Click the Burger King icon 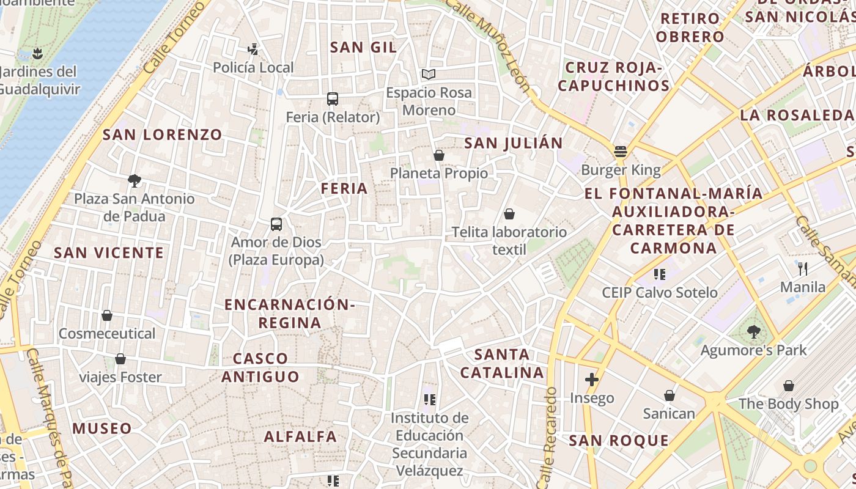click(621, 152)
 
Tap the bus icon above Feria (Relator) click(333, 98)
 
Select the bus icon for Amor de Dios click(276, 224)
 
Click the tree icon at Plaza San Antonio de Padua click(135, 180)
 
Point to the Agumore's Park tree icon click(753, 332)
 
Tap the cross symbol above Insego click(591, 380)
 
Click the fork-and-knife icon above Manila click(803, 268)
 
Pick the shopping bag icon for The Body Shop click(788, 386)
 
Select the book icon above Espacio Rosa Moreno click(429, 75)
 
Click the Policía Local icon click(253, 49)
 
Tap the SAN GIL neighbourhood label click(363, 47)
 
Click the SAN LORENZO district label click(162, 134)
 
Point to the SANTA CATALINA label click(502, 363)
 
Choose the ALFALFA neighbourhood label click(300, 436)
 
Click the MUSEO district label click(102, 428)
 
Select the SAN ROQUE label click(619, 441)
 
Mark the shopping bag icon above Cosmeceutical click(107, 315)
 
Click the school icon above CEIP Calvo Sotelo click(659, 274)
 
